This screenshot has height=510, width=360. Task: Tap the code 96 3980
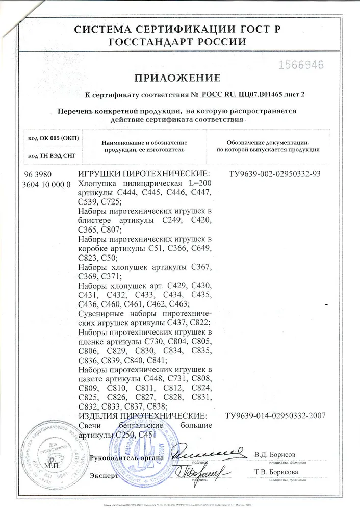[x=39, y=173]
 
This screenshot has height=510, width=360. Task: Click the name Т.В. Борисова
[x=276, y=472]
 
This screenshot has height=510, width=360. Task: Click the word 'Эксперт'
[x=104, y=476]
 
